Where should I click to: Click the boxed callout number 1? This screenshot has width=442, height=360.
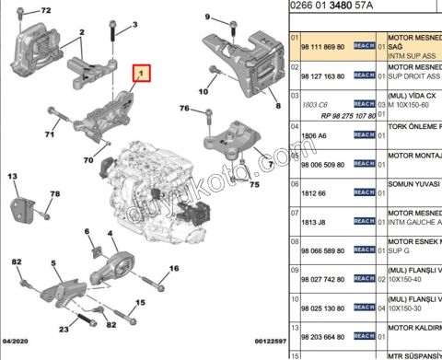click(141, 72)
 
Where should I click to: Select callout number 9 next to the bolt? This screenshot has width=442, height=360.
click(209, 17)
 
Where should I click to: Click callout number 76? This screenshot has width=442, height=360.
click(183, 109)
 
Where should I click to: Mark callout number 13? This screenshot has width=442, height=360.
click(14, 175)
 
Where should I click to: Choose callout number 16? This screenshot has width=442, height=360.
click(173, 270)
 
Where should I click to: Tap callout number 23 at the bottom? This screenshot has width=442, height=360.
click(64, 329)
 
